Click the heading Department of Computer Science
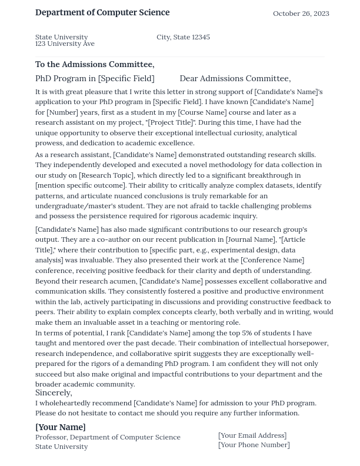coord(102,12)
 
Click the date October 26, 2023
coord(301,14)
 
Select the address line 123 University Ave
coord(65,44)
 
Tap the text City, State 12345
coord(183,37)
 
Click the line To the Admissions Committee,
coord(95,64)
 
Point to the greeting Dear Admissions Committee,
coord(235,78)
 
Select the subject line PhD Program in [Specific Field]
coord(95,78)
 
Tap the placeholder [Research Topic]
coord(106,175)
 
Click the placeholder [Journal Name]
coord(250,239)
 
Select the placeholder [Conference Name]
coord(272,260)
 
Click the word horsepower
coord(305,343)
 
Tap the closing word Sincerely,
coord(54,392)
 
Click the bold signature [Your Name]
coord(60,427)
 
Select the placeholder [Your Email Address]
coord(252,435)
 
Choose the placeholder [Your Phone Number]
coord(254,445)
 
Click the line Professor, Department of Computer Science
coord(108,437)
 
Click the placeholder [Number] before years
coord(62,112)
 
